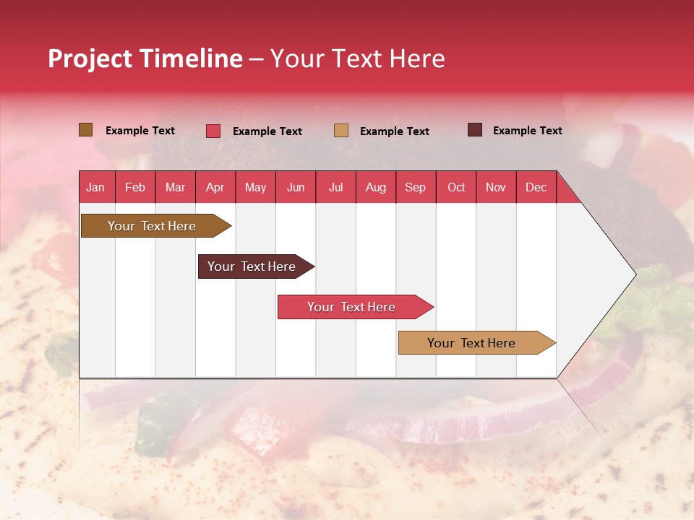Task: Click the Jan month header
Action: click(95, 187)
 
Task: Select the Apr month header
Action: click(215, 187)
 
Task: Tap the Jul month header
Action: click(335, 187)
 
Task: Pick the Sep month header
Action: click(415, 187)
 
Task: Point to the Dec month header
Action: click(536, 187)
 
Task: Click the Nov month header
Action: click(495, 187)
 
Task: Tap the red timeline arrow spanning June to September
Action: click(353, 307)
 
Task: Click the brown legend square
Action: click(85, 130)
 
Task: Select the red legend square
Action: click(213, 131)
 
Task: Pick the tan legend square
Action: click(341, 131)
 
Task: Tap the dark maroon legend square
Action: click(474, 130)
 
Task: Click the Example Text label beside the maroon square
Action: click(527, 131)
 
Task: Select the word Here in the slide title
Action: click(417, 58)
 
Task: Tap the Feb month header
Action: click(135, 187)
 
